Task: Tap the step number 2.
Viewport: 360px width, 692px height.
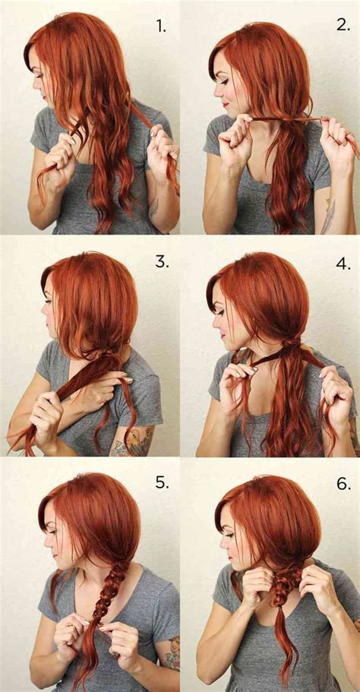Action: tap(343, 24)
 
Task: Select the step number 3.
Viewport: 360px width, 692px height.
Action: tap(161, 261)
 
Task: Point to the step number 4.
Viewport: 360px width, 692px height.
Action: tap(343, 264)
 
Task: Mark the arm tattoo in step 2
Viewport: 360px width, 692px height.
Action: tap(328, 216)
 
